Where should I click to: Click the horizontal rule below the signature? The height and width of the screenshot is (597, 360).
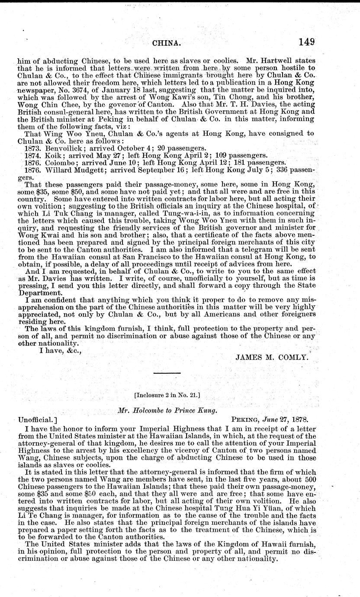click(167, 373)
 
